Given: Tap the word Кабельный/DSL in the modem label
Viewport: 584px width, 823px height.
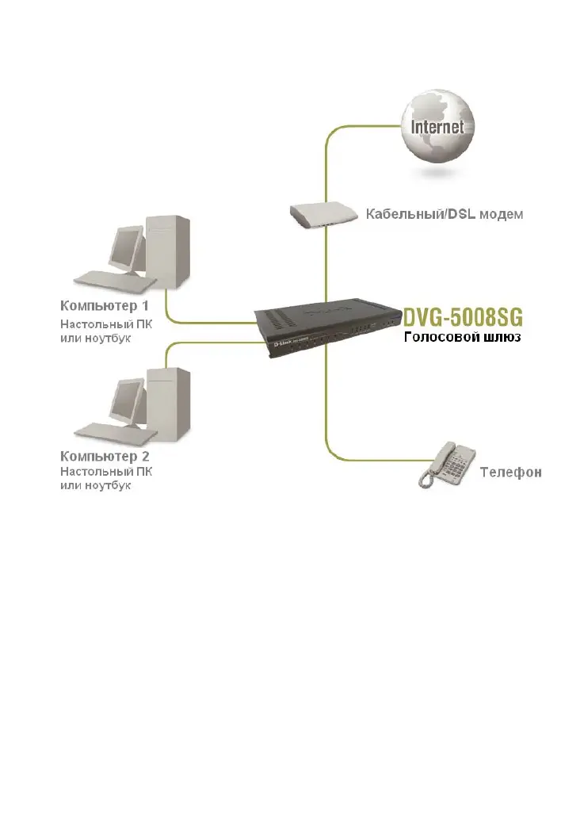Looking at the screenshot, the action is pyautogui.click(x=417, y=215).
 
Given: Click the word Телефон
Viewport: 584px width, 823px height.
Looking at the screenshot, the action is pyautogui.click(x=510, y=473).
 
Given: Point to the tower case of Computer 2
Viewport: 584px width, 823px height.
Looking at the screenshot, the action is pyautogui.click(x=171, y=401).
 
